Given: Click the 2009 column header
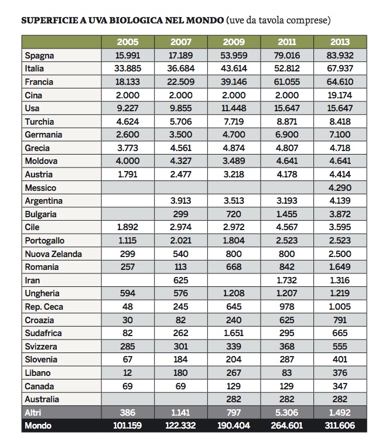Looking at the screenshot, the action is [234, 42].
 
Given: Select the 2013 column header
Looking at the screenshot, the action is [340, 42].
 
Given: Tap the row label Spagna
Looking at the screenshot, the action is [39, 56].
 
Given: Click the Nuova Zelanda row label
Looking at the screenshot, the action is [53, 254].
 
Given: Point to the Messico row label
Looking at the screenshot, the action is [40, 188].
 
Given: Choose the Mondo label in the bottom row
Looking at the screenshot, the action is [38, 426].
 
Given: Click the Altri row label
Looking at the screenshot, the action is [33, 412].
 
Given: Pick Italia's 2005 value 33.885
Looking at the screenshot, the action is [128, 69].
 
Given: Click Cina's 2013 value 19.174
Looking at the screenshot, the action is [340, 95].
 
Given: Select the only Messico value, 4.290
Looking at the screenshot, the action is [340, 188].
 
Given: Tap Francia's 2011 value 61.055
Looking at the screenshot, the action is [286, 82].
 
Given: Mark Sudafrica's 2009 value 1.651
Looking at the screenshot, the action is [234, 333].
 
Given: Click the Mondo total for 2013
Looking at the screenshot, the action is [340, 426].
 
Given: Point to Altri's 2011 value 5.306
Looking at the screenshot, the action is [286, 412].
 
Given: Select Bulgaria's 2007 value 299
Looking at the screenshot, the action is [180, 214].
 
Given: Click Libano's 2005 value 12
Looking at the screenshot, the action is [128, 372].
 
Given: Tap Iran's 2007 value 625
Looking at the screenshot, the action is [180, 280].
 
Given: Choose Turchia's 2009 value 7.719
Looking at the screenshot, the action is [234, 121].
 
